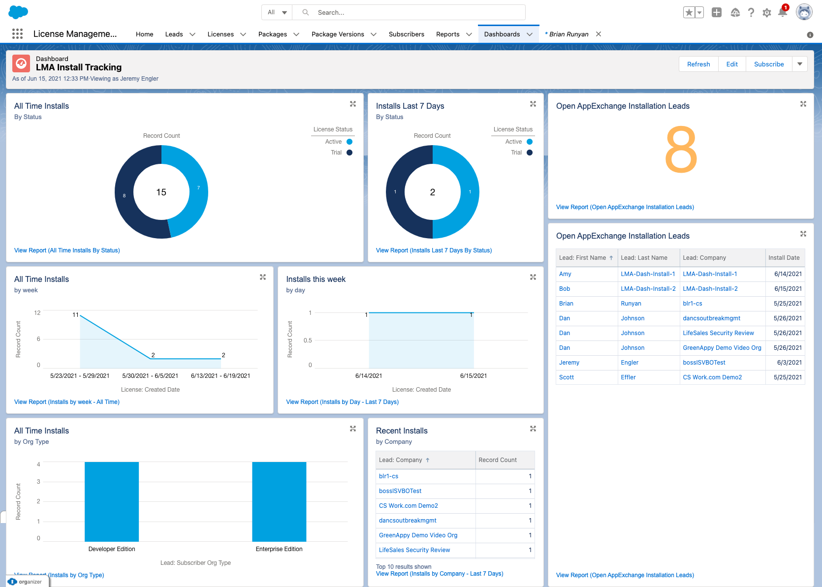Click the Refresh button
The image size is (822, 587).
(698, 64)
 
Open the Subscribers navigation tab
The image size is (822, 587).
(406, 34)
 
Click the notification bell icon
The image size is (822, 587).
(782, 13)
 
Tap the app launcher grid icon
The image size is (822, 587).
(17, 34)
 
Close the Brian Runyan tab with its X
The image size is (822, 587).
(599, 34)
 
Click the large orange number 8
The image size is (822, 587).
(681, 150)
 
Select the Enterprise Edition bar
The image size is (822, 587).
(279, 501)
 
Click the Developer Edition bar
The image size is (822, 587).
(112, 501)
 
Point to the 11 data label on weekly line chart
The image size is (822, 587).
(75, 315)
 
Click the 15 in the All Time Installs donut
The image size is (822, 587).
(161, 192)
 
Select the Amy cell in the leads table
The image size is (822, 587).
(565, 274)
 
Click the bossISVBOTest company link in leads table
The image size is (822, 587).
(704, 363)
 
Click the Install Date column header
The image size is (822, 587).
(784, 258)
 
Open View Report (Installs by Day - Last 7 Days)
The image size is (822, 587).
(342, 402)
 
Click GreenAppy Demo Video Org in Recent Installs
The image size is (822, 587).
(418, 535)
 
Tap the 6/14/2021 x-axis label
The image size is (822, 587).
(369, 376)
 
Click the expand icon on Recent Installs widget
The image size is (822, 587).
(533, 429)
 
